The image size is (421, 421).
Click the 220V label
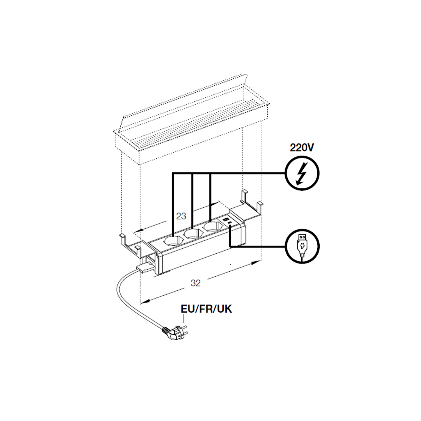point(301,147)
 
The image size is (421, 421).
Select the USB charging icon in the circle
point(302,246)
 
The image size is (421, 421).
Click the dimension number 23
point(181,216)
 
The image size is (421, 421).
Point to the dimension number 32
point(195,283)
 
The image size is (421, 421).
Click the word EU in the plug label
point(187,309)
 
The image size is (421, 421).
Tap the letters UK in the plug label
point(224,309)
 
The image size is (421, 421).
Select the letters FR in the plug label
point(205,309)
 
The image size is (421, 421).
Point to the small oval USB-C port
point(230,223)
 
